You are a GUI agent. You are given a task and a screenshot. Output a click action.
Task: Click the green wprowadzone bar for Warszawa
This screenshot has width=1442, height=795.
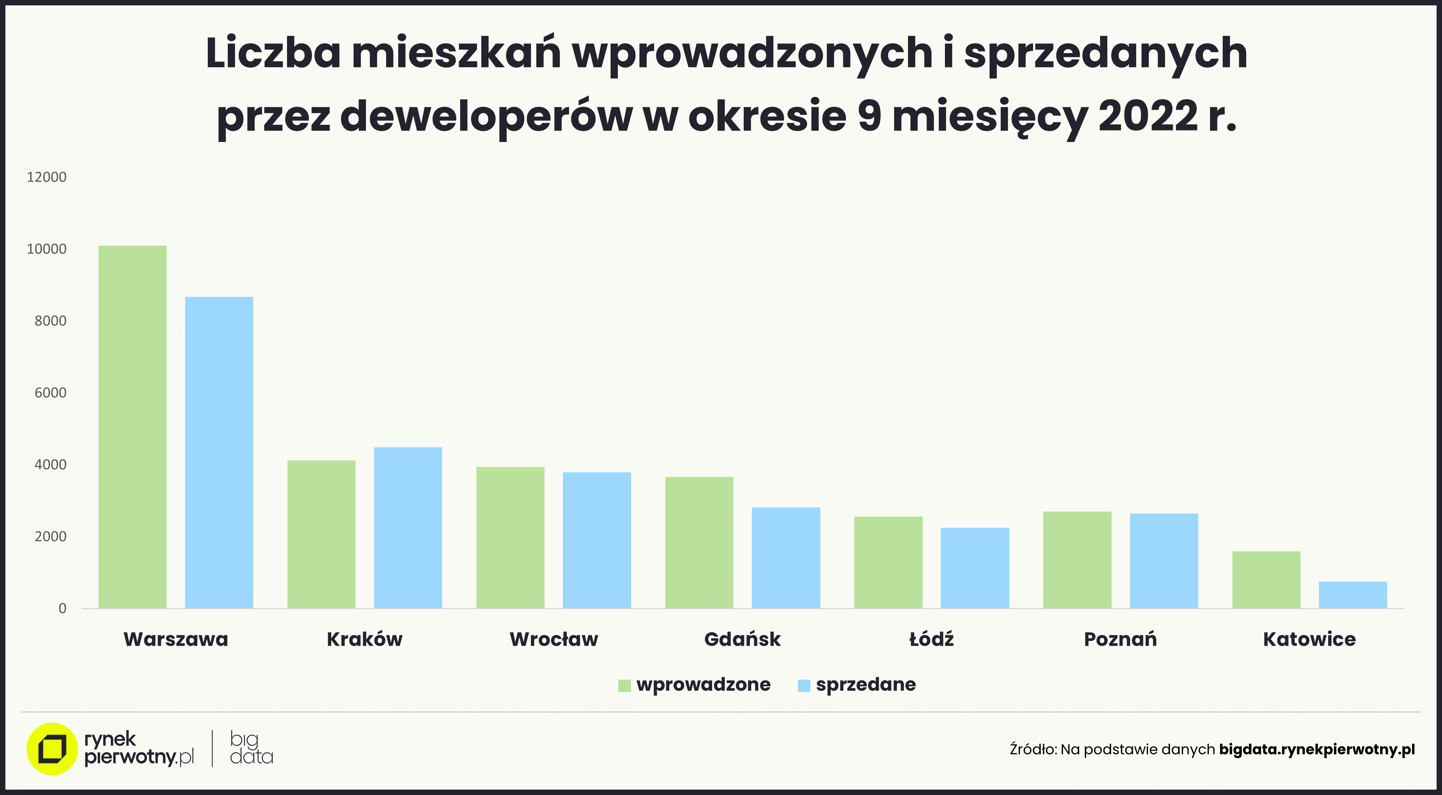tap(133, 427)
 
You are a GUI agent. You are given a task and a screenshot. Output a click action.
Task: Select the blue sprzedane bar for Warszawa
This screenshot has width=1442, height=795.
tap(219, 453)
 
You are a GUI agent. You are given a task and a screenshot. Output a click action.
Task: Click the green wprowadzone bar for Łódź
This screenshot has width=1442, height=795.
tap(888, 562)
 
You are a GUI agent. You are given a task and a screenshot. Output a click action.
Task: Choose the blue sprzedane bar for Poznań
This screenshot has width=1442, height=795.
tap(1164, 561)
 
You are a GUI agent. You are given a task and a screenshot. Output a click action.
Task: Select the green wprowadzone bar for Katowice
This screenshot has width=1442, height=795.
tap(1266, 580)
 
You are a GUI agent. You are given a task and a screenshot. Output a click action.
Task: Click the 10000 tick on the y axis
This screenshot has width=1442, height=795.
tap(47, 249)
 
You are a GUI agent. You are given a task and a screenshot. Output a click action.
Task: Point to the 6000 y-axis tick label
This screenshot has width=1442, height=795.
tap(50, 393)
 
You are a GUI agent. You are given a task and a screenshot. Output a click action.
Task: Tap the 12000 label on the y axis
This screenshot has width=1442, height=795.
tap(47, 177)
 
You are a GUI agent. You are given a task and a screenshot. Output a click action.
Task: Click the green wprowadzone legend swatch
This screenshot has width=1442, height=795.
tap(624, 685)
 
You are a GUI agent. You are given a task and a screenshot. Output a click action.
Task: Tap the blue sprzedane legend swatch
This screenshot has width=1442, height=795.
tap(804, 685)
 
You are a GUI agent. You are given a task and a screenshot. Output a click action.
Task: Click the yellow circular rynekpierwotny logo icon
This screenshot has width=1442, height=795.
tap(52, 749)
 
